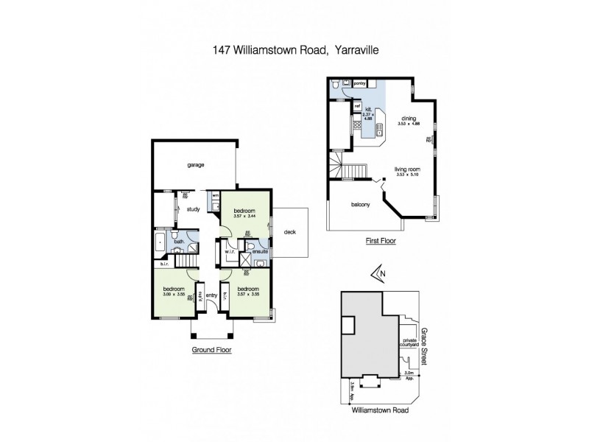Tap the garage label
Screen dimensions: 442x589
(195, 164)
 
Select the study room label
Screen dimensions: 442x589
(194, 208)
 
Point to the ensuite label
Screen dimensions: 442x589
(260, 252)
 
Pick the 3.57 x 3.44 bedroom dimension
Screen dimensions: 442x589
(245, 217)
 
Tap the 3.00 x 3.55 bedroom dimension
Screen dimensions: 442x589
(174, 295)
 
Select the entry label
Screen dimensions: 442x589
(211, 295)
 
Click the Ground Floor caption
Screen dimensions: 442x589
(211, 350)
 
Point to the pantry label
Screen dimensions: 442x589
(360, 84)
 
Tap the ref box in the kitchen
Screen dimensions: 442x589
(357, 107)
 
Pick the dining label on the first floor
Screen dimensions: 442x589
(409, 119)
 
